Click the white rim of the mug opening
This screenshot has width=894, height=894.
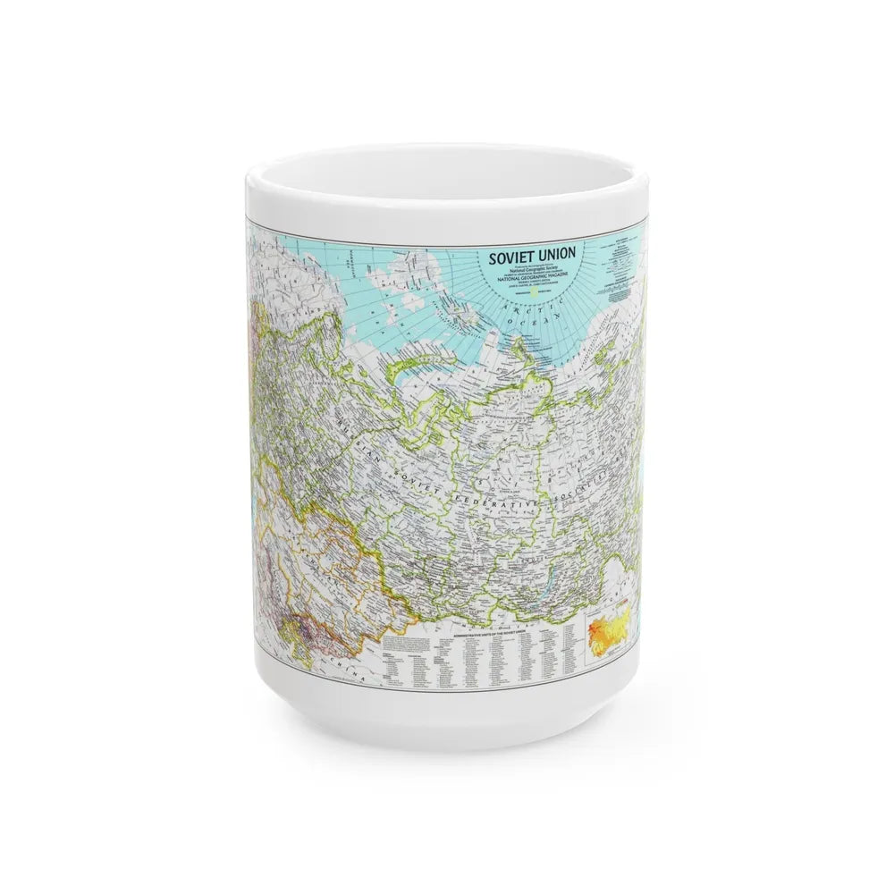[x=447, y=161]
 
